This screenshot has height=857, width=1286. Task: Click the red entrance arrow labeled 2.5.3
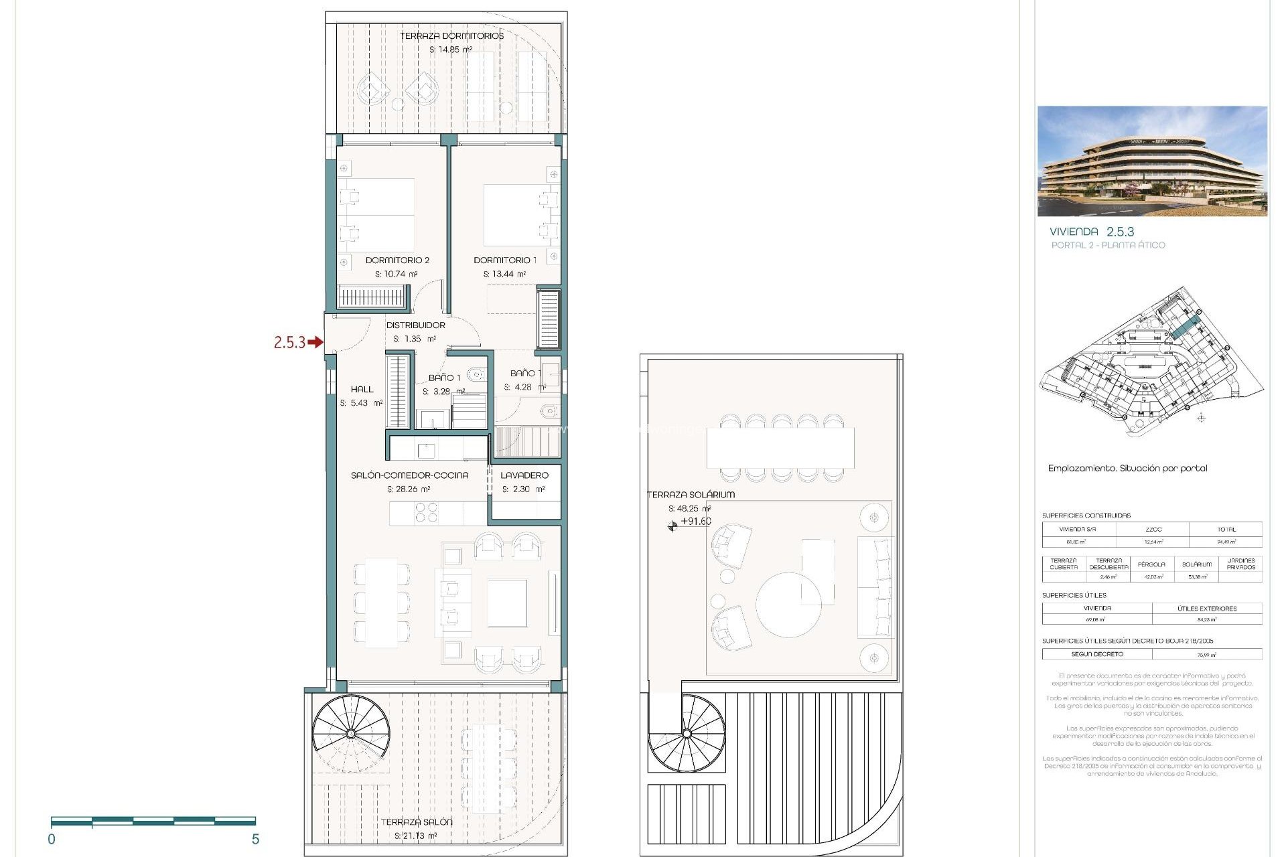point(315,343)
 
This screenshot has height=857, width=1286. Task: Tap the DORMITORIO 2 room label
point(397,260)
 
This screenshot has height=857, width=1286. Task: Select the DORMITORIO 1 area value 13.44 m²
point(504,274)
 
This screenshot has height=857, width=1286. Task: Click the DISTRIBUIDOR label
point(415,325)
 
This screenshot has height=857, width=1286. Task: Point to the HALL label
point(362,389)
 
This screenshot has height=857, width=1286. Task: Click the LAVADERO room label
point(524,475)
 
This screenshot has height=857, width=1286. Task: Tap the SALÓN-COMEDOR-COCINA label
point(409,475)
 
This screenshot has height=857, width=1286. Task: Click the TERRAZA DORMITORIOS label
point(451,35)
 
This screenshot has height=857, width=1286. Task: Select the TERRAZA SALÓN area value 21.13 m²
point(415,836)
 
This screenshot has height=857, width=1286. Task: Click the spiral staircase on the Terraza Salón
point(351,734)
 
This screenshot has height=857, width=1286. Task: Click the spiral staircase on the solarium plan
point(687,734)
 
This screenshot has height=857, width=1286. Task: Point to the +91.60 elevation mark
point(695,522)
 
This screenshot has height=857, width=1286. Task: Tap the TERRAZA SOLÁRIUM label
point(691,494)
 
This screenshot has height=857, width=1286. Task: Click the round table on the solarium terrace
point(788,604)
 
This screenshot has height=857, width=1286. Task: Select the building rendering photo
point(1152,161)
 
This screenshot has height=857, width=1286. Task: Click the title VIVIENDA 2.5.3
point(1092,232)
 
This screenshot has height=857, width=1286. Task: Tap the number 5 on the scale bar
point(255,839)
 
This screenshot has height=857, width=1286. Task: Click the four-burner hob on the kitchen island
point(426,513)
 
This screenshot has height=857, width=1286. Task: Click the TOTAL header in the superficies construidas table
point(1226,529)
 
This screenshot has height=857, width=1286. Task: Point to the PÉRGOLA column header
point(1151,564)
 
